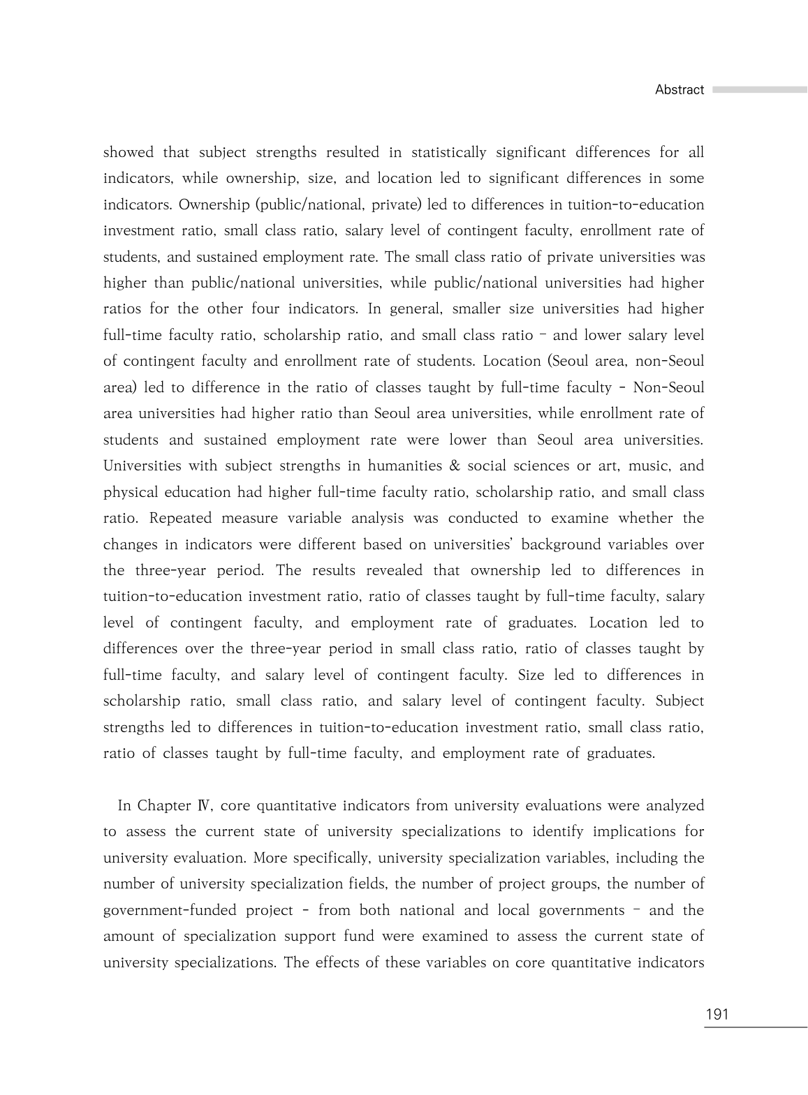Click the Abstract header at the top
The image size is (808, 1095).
[679, 90]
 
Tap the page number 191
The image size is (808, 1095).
[717, 1014]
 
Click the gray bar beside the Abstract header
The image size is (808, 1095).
[759, 90]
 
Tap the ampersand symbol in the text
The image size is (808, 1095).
[455, 466]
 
